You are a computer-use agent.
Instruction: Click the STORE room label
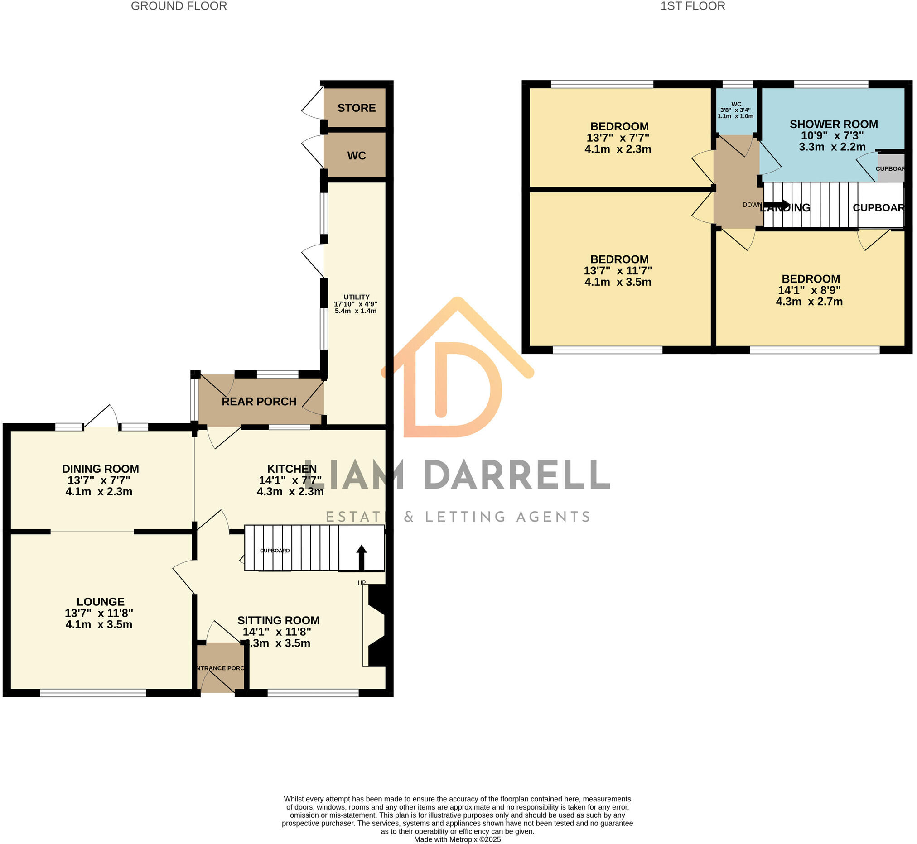[x=357, y=108]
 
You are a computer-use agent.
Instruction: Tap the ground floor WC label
[x=357, y=156]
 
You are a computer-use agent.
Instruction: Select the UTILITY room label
[x=357, y=297]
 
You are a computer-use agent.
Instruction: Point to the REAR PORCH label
[x=260, y=402]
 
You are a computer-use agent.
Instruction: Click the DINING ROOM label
[x=101, y=469]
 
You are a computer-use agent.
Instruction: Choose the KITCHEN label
[x=292, y=469]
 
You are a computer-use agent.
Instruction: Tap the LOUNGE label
[x=101, y=602]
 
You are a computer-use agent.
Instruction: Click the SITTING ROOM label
[x=279, y=621]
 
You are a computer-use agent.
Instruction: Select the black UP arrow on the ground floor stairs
[x=362, y=557]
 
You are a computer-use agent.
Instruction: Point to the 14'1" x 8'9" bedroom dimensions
[x=810, y=296]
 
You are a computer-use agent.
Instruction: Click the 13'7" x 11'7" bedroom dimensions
[x=618, y=276]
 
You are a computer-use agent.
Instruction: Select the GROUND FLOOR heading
[x=179, y=6]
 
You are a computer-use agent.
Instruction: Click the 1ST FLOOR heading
[x=693, y=6]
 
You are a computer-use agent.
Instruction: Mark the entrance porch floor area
[x=221, y=668]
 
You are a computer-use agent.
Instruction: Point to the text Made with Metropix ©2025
[x=457, y=839]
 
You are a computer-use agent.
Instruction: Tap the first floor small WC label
[x=736, y=105]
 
